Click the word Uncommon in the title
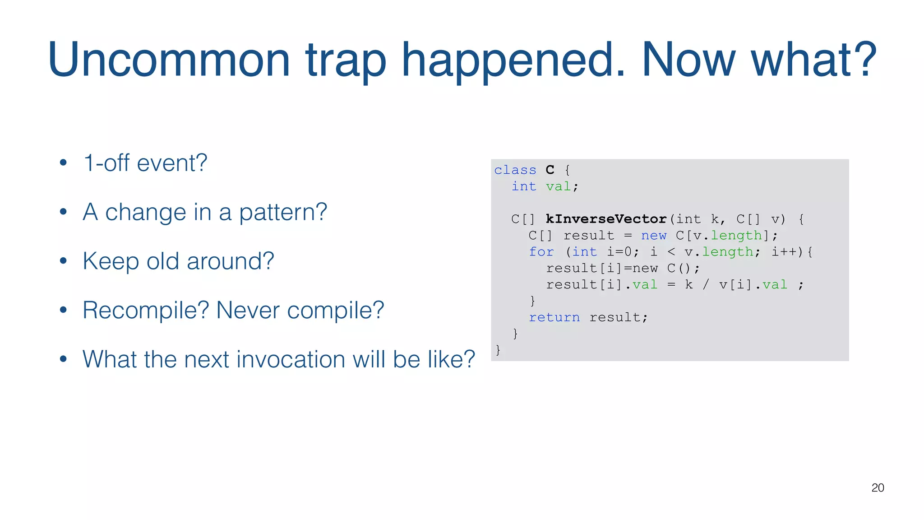click(x=169, y=60)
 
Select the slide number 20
click(x=878, y=487)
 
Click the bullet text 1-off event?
click(x=145, y=163)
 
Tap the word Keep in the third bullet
click(x=110, y=262)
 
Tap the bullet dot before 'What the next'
click(x=63, y=359)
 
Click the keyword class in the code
click(x=515, y=170)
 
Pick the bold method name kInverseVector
click(x=606, y=219)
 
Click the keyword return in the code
click(x=554, y=317)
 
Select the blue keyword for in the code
click(x=541, y=252)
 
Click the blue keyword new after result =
click(x=653, y=236)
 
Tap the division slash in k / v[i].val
click(x=706, y=285)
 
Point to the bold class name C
click(x=550, y=170)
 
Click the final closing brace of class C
click(x=498, y=350)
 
